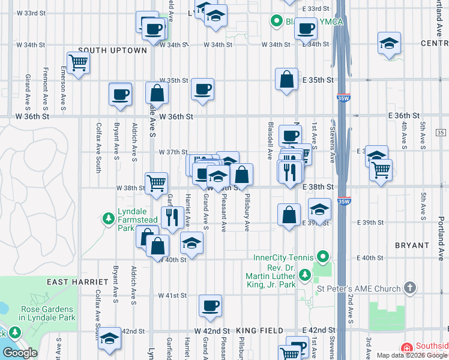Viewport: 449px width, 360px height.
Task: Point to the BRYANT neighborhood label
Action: point(412,245)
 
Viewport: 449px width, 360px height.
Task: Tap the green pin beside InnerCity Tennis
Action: point(324,257)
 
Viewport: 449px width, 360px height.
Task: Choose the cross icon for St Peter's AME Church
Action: point(410,289)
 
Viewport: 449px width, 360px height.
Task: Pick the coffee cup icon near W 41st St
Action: point(210,305)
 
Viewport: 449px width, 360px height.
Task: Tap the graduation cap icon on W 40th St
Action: point(191,242)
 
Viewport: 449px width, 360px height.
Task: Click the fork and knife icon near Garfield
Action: point(172,217)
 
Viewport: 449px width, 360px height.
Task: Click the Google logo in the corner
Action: point(20,353)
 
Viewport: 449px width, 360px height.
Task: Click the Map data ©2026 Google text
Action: point(412,355)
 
